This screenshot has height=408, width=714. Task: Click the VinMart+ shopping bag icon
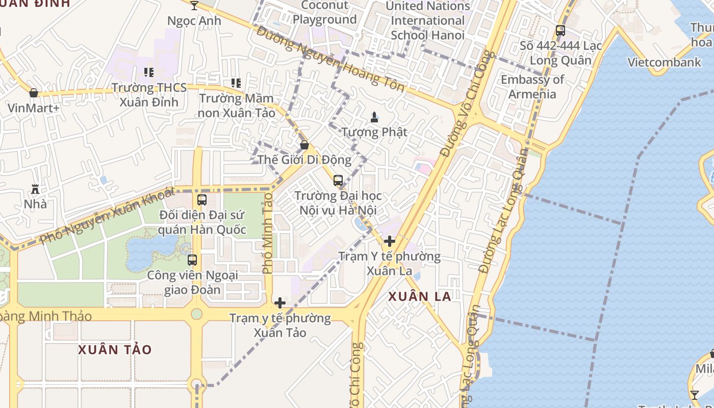coord(34,93)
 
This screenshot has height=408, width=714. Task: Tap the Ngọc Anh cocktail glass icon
coord(194,6)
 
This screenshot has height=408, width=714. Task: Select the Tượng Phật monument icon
coord(374,117)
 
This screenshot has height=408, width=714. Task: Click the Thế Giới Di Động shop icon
coord(304,145)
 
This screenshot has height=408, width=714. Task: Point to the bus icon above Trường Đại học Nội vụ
coord(338,180)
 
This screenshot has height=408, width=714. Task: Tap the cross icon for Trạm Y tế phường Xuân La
coord(390,241)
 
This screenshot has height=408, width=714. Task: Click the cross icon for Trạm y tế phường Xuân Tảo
coord(279,303)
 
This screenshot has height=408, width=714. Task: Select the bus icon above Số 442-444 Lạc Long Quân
coord(560,31)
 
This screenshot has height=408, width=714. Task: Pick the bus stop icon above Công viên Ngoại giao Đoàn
coord(192,260)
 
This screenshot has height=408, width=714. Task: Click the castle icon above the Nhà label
coord(35,189)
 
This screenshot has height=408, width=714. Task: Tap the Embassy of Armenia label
coord(532,87)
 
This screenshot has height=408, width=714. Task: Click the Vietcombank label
coord(664,62)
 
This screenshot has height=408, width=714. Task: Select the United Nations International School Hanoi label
coord(427,20)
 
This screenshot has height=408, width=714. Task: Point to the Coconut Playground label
coord(324,12)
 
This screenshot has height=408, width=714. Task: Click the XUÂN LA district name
coord(420,296)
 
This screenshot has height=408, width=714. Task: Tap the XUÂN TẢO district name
coord(115,350)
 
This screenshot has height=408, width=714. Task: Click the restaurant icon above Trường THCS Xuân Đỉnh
coord(149,72)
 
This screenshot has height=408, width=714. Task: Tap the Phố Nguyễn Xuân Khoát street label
coord(107,215)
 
